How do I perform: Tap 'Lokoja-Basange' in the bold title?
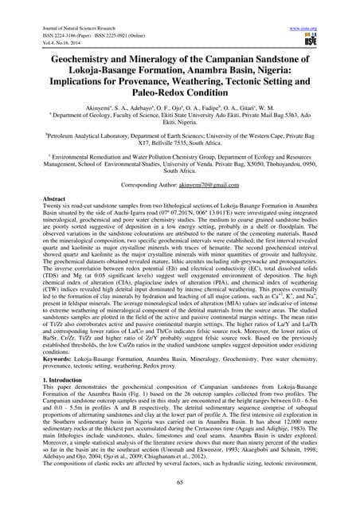point(85,72)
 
